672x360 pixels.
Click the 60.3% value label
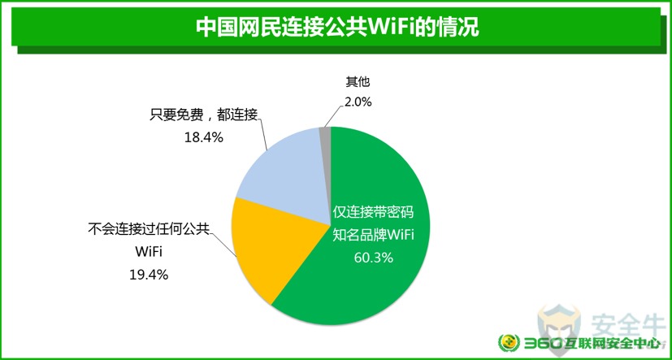coord(373,258)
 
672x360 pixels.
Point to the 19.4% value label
coord(149,275)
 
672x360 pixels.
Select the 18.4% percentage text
coord(204,137)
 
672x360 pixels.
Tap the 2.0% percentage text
coord(358,102)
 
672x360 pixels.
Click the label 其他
coord(358,81)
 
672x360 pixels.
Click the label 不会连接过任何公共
coord(149,228)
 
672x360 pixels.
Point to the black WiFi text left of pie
coord(148,252)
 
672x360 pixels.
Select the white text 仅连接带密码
coord(373,212)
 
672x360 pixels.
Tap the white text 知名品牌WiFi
coord(373,235)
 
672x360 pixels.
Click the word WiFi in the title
coord(393,28)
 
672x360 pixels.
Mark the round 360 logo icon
coord(509,343)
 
